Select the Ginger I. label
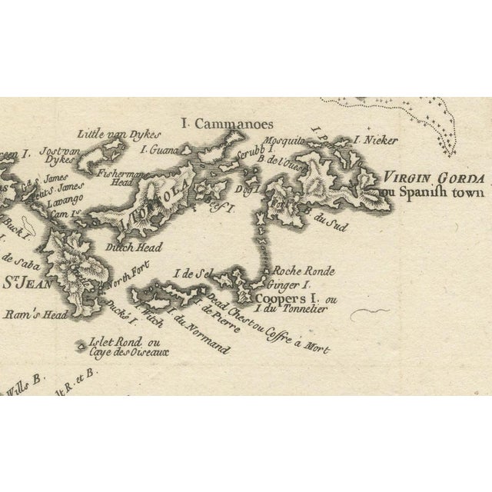tap(281, 283)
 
